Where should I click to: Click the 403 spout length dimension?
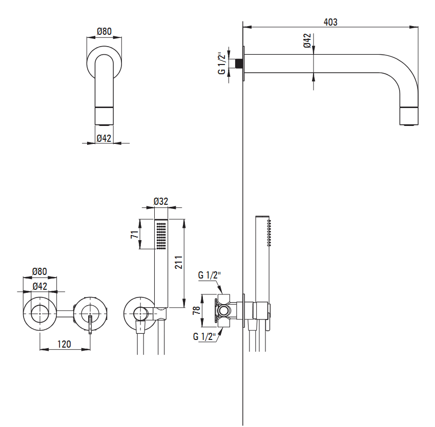(x=330, y=22)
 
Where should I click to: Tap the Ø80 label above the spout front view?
(x=104, y=32)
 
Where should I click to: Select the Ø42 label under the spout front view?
(x=104, y=138)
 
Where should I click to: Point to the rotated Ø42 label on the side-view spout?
(x=307, y=41)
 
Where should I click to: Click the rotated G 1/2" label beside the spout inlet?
(x=221, y=63)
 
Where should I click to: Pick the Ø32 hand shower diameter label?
(x=161, y=202)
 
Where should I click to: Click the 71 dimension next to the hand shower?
(x=134, y=235)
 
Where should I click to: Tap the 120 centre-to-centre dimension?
(x=64, y=344)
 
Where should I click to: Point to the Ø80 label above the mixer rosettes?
(x=39, y=271)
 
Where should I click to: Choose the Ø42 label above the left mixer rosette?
(x=39, y=286)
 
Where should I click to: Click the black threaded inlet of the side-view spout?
(x=237, y=63)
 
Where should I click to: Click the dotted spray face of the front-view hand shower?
(x=161, y=236)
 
